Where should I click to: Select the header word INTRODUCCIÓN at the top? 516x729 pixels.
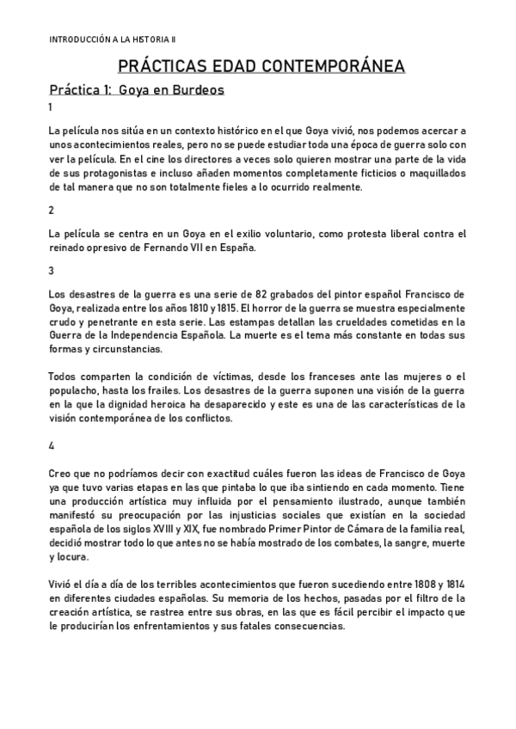pos(80,40)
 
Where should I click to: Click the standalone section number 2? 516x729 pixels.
pos(52,211)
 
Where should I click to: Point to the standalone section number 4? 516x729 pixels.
pos(52,446)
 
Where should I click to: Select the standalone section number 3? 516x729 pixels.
pos(52,271)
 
